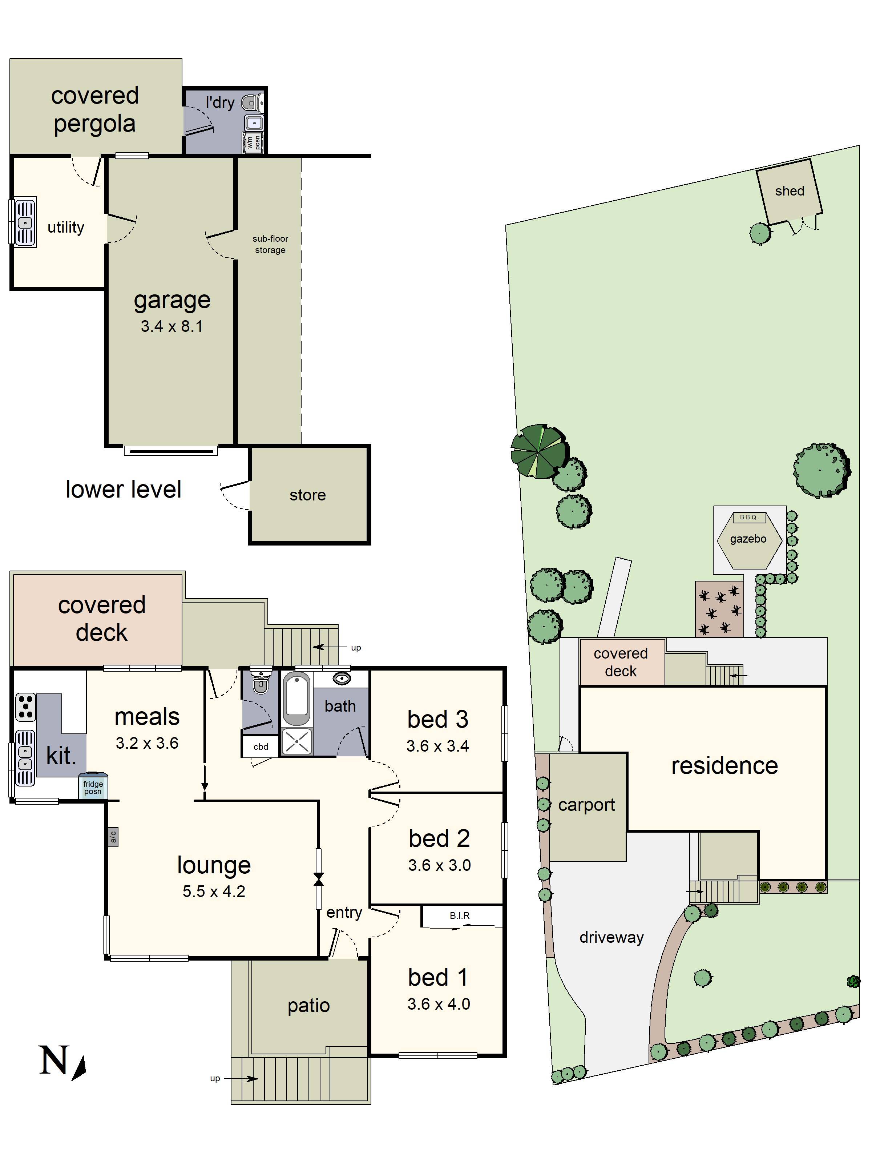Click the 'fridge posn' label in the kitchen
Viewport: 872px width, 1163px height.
(x=93, y=787)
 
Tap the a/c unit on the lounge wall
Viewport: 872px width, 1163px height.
(x=113, y=837)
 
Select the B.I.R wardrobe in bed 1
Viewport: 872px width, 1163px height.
(x=459, y=915)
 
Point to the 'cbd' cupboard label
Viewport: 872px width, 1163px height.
(x=261, y=747)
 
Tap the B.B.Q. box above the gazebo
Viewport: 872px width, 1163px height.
(x=748, y=518)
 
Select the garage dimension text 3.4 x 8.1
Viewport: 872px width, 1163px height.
(x=171, y=326)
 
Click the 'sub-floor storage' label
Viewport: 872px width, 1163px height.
(x=270, y=244)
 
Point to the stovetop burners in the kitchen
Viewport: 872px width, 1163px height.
(x=25, y=707)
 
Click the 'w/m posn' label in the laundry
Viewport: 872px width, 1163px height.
(x=253, y=142)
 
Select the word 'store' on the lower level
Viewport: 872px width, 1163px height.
(x=307, y=495)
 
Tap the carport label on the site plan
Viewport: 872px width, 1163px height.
(x=586, y=805)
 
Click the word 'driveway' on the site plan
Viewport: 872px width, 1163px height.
(x=611, y=937)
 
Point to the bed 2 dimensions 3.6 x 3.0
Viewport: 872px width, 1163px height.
(x=439, y=865)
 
